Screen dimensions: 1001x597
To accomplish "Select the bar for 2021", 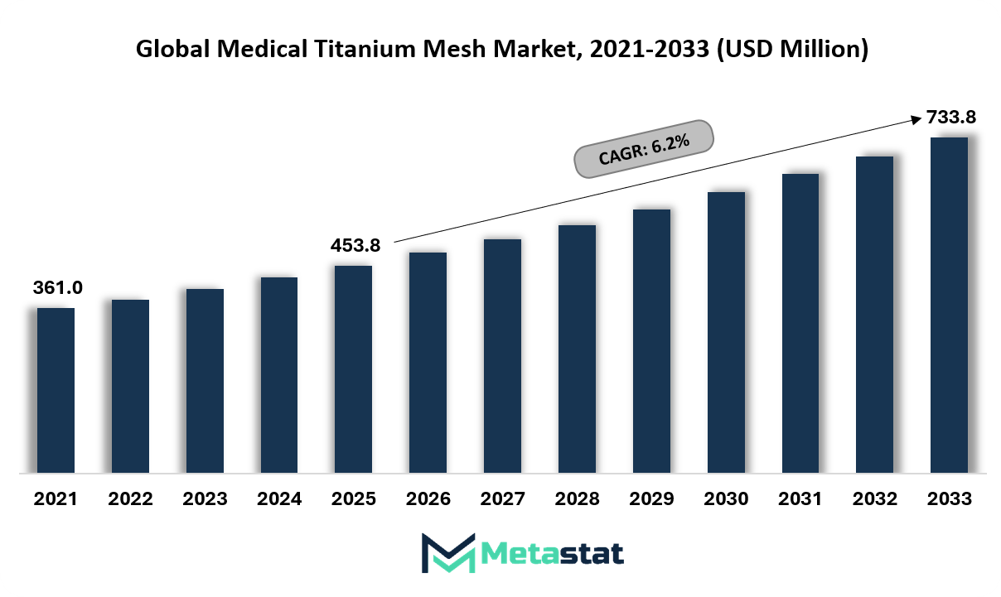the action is (x=56, y=390).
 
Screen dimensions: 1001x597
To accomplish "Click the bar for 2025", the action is (x=354, y=369).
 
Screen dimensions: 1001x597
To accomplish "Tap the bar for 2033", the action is (x=949, y=305).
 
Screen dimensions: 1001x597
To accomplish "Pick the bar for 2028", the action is (x=577, y=349).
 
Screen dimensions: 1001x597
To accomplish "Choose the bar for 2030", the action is (x=726, y=332).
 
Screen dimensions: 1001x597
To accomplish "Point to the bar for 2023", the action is (x=206, y=381).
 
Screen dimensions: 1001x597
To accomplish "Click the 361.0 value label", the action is (x=58, y=287).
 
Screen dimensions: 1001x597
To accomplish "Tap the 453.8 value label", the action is (x=355, y=245).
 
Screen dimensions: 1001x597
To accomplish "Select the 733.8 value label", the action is (x=951, y=117).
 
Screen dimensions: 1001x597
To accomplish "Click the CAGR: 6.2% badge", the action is (x=644, y=149).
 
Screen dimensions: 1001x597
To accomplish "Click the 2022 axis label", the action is (x=130, y=498).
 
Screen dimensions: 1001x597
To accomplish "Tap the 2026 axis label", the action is (x=428, y=498).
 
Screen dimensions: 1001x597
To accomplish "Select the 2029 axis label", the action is (x=651, y=498).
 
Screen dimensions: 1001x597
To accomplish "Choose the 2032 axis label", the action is (x=874, y=498).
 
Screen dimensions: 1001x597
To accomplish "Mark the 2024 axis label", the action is (x=279, y=498).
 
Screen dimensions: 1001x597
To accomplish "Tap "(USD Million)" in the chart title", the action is (x=793, y=49).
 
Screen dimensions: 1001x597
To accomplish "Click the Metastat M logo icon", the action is (x=448, y=553).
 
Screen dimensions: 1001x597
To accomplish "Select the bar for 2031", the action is (x=800, y=323).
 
